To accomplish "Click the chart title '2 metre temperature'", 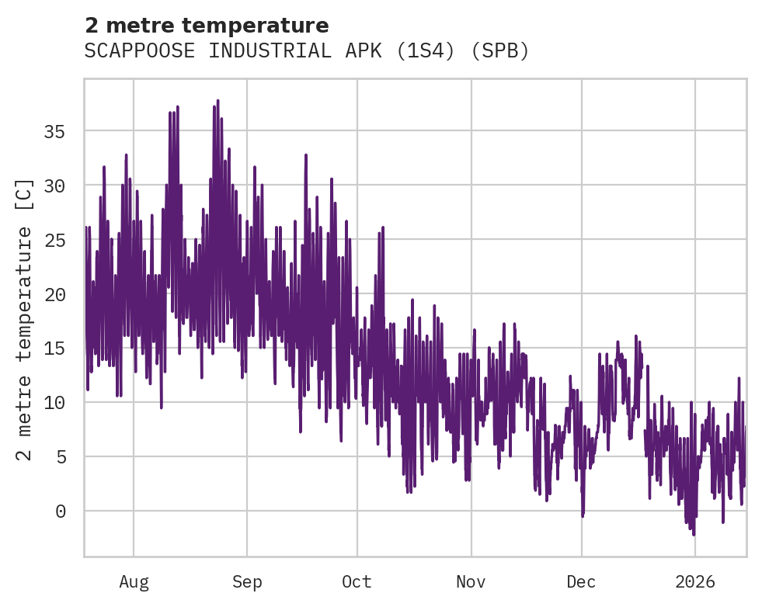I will pos(207,26).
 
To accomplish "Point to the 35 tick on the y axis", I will pos(54,132).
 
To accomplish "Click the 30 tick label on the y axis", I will pos(54,186).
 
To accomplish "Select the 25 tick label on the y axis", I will pos(54,240).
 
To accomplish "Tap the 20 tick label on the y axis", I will pos(54,294).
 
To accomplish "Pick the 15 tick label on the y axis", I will pos(54,349).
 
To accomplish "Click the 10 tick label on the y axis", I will pos(54,403).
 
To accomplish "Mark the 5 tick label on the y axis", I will pos(59,456).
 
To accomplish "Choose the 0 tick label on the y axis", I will pos(59,511).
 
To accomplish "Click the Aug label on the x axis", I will pos(134,581).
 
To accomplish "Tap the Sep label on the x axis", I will pos(247,581).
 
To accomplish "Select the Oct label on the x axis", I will pos(357,581).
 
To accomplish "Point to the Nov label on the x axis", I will pos(471,581).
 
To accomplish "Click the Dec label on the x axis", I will pos(582,581).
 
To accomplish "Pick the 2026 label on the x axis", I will pos(695,581).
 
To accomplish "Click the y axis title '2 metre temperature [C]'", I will pos(25,318).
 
